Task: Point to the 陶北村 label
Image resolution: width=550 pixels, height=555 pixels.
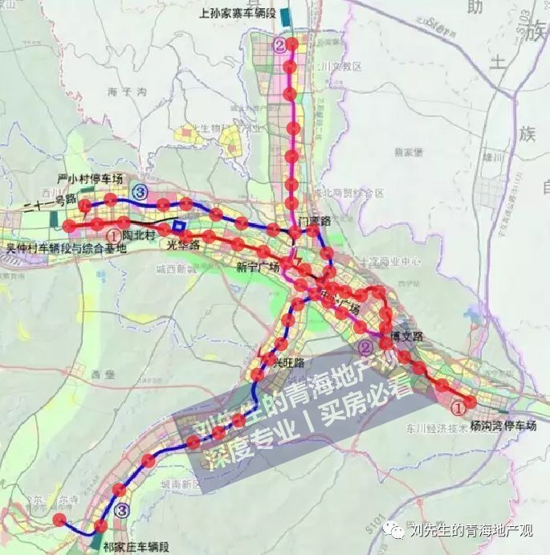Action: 141,236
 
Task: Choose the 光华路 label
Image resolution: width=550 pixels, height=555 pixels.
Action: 183,245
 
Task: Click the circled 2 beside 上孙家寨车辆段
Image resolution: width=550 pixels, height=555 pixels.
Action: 279,45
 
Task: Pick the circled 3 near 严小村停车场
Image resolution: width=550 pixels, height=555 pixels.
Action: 141,190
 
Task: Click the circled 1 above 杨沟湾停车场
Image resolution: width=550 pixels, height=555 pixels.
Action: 458,408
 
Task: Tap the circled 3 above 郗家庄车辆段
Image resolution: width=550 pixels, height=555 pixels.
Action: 121,509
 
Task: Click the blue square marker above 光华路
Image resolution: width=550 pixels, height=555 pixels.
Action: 177,226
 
